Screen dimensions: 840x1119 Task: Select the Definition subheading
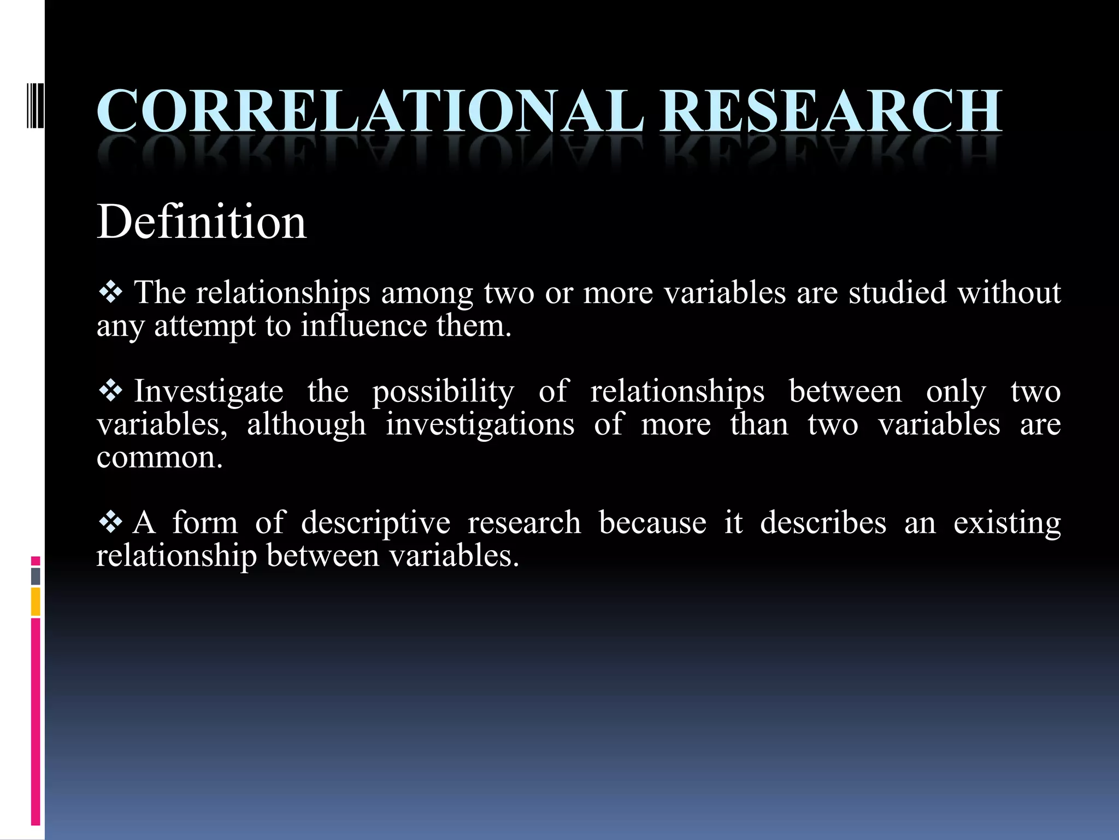[202, 222]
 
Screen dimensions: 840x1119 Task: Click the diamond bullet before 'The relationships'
[111, 293]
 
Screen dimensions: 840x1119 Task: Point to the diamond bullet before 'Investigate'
[111, 391]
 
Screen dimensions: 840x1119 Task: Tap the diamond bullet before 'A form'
[111, 522]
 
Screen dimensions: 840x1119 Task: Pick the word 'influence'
[364, 326]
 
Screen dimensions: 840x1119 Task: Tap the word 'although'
[307, 425]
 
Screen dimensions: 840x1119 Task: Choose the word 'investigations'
[480, 425]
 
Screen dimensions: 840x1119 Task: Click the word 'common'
[157, 458]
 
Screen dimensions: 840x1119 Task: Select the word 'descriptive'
[376, 523]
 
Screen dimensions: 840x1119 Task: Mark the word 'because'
[652, 522]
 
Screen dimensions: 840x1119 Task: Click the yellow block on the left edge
[36, 601]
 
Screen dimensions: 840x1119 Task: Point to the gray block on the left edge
[36, 576]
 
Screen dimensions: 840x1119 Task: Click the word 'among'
[427, 294]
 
